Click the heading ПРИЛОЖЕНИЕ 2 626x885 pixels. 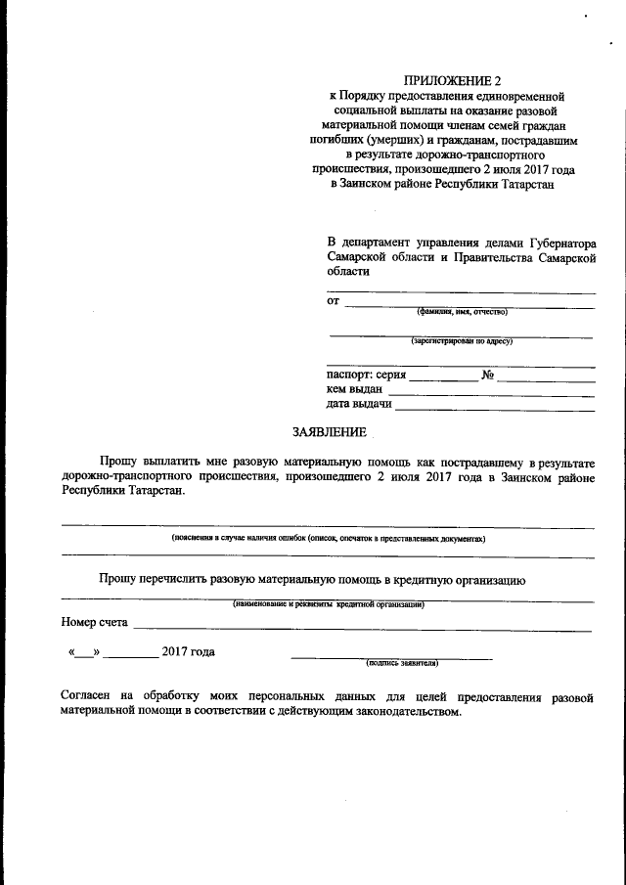click(x=444, y=80)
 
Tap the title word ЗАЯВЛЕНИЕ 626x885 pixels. click(x=331, y=431)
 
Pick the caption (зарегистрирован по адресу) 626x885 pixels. click(x=461, y=341)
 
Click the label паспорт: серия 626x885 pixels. click(x=366, y=375)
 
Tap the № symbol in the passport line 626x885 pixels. click(x=486, y=375)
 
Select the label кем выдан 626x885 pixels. click(x=355, y=389)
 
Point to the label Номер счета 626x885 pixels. click(x=94, y=622)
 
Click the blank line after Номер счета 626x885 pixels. click(x=362, y=627)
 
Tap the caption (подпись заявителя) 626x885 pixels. click(x=401, y=662)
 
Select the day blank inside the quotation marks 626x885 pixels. click(x=84, y=652)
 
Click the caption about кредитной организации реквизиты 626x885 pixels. click(x=328, y=604)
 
